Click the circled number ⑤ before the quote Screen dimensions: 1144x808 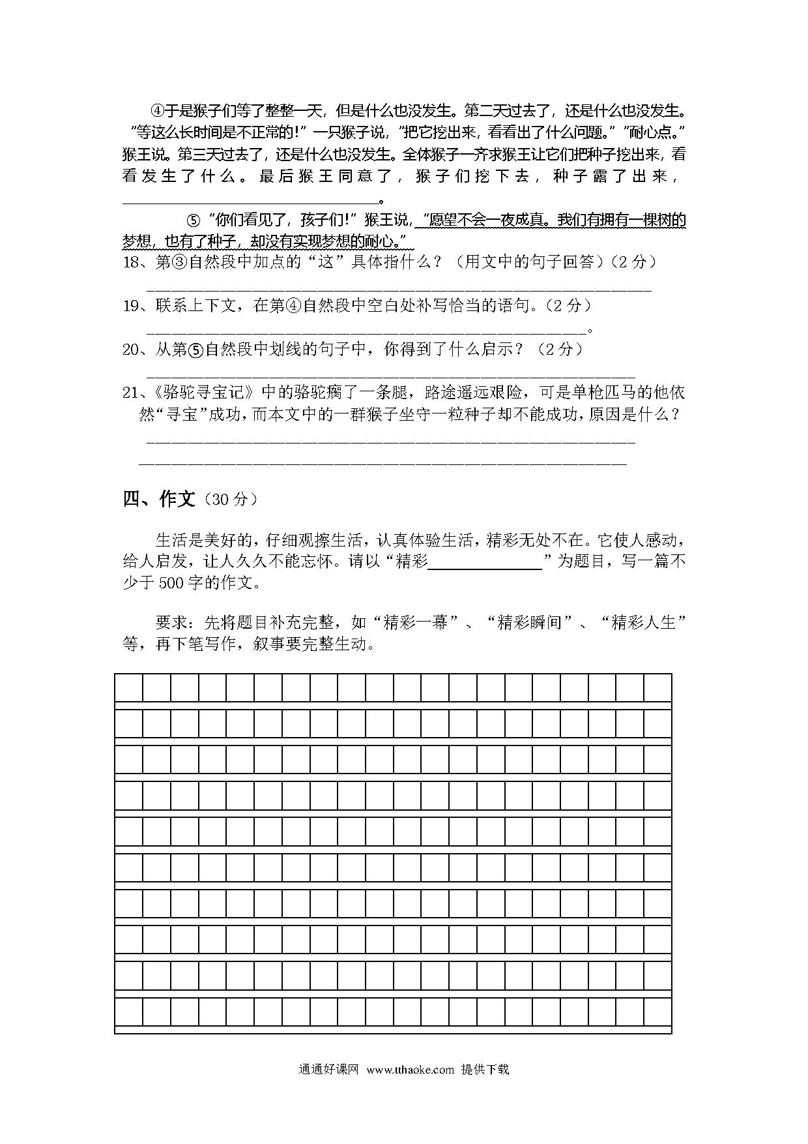[193, 220]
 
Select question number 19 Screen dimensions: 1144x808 [132, 305]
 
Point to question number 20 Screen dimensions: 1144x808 [132, 350]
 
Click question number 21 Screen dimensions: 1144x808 [132, 393]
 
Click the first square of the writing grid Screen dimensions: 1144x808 [128, 687]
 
